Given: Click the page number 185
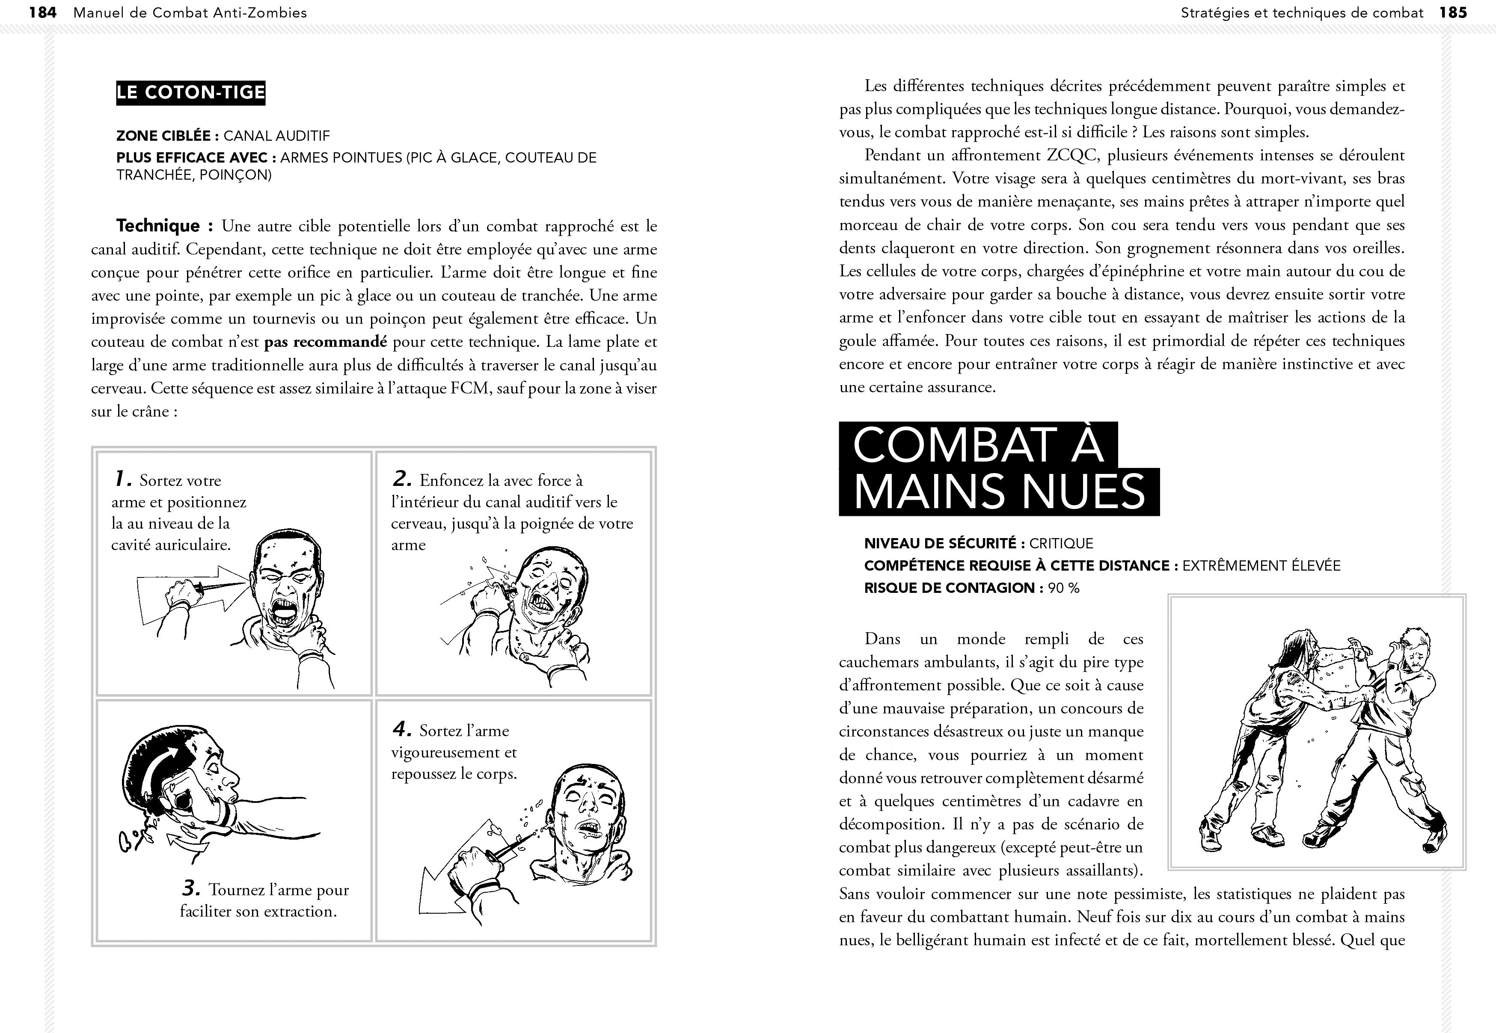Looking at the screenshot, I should [x=1453, y=12].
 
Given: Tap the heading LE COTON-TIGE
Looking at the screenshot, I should [x=190, y=92].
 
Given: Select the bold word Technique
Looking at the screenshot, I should [x=158, y=226].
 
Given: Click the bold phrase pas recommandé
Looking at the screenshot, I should [x=326, y=342].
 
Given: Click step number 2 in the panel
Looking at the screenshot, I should [x=402, y=480].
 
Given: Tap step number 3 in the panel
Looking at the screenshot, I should [x=190, y=889].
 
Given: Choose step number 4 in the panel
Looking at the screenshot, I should [x=402, y=729].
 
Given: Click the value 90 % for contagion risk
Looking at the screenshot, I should [x=1063, y=588].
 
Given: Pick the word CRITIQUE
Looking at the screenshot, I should [x=1061, y=544].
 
